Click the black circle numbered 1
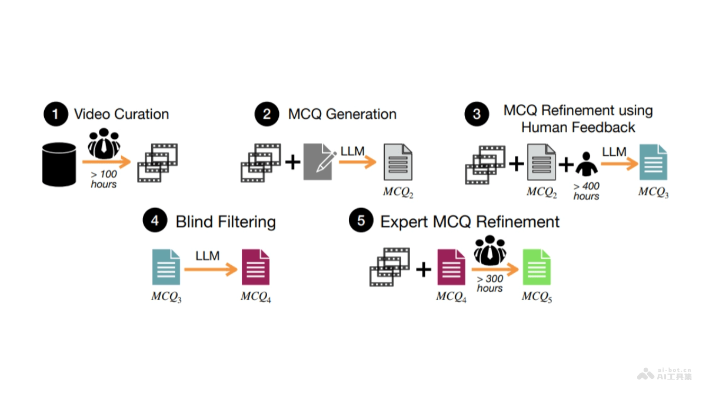[x=56, y=114]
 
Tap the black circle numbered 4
[x=155, y=222]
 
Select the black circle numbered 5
[x=360, y=222]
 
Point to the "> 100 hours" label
[x=104, y=179]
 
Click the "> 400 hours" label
[x=587, y=191]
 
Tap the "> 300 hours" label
[x=489, y=283]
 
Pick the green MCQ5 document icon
[x=537, y=268]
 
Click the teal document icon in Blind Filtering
[x=166, y=268]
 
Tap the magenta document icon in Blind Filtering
[x=256, y=268]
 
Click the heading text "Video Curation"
[x=121, y=114]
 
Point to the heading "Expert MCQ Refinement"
[x=470, y=222]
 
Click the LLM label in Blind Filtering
[x=208, y=256]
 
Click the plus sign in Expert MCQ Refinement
[x=424, y=269]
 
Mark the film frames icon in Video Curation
[x=157, y=162]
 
